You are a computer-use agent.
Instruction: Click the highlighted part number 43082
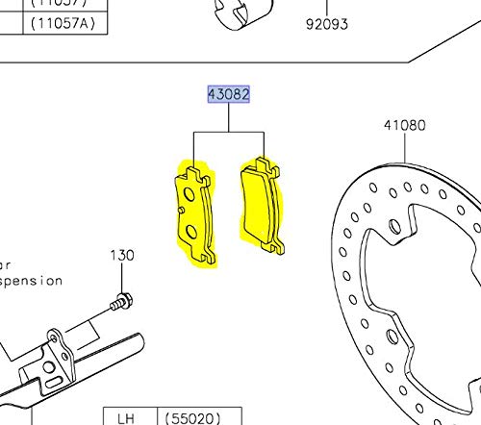pos(229,94)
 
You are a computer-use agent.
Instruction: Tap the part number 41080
pos(404,125)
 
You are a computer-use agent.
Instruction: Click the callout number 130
pos(121,256)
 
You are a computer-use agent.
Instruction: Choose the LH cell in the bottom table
pos(125,417)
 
